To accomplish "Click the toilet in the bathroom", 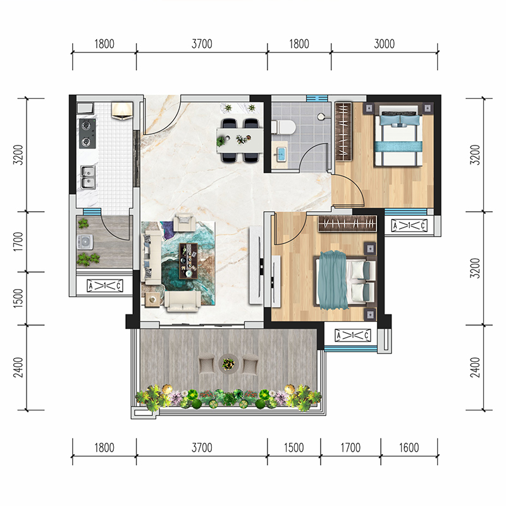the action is (x=283, y=127).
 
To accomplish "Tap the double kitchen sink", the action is (x=87, y=177).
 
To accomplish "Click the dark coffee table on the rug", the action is (x=188, y=261).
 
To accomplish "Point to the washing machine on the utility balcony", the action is (x=85, y=242).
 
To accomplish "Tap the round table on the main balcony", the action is (x=228, y=364).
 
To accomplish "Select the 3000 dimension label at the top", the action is (x=384, y=44).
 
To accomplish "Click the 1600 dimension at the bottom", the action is (x=409, y=448).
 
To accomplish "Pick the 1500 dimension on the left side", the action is (x=18, y=298).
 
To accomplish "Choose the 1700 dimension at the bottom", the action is (x=350, y=448).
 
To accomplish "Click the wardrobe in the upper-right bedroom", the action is (x=343, y=131).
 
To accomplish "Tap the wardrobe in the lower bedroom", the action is (x=347, y=224).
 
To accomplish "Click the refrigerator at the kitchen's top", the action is (x=122, y=110).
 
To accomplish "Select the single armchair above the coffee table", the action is (x=185, y=223).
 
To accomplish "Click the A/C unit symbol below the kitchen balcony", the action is (x=105, y=286).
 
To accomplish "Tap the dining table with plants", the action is (x=240, y=140).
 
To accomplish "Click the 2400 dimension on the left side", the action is (x=18, y=367).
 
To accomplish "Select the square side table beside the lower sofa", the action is (x=152, y=300).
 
